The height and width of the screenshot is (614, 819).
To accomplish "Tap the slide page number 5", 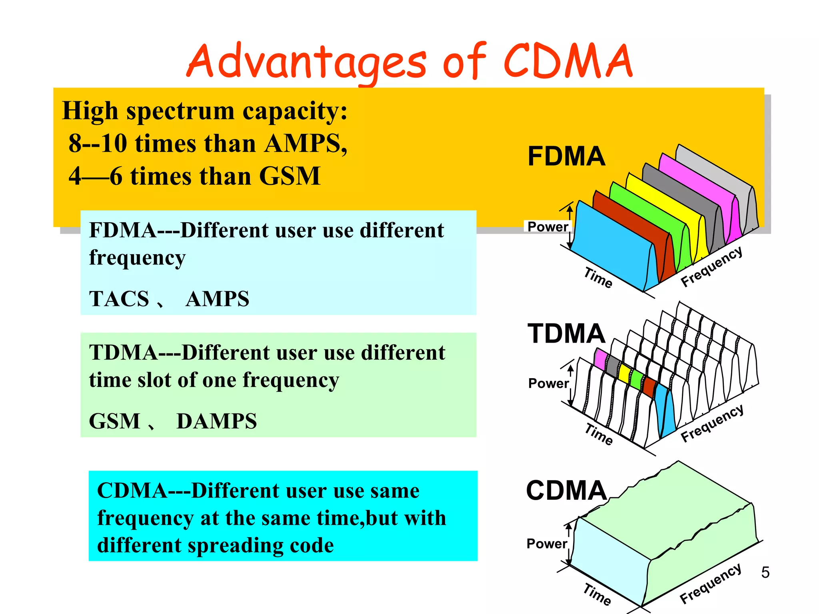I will click(x=765, y=572).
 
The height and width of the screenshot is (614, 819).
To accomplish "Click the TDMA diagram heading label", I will click(x=566, y=333).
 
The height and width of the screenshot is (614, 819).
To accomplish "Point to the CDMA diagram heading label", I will click(x=566, y=490).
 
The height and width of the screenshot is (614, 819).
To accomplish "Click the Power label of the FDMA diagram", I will click(x=547, y=227).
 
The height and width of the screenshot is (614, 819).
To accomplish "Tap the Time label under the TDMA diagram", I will click(x=599, y=434).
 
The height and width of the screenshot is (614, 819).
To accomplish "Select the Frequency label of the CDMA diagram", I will click(x=711, y=584).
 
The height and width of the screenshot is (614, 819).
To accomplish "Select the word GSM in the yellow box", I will click(x=290, y=176).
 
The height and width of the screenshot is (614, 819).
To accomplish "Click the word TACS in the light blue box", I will click(x=119, y=299).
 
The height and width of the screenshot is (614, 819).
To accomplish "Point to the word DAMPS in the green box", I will click(x=216, y=421).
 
